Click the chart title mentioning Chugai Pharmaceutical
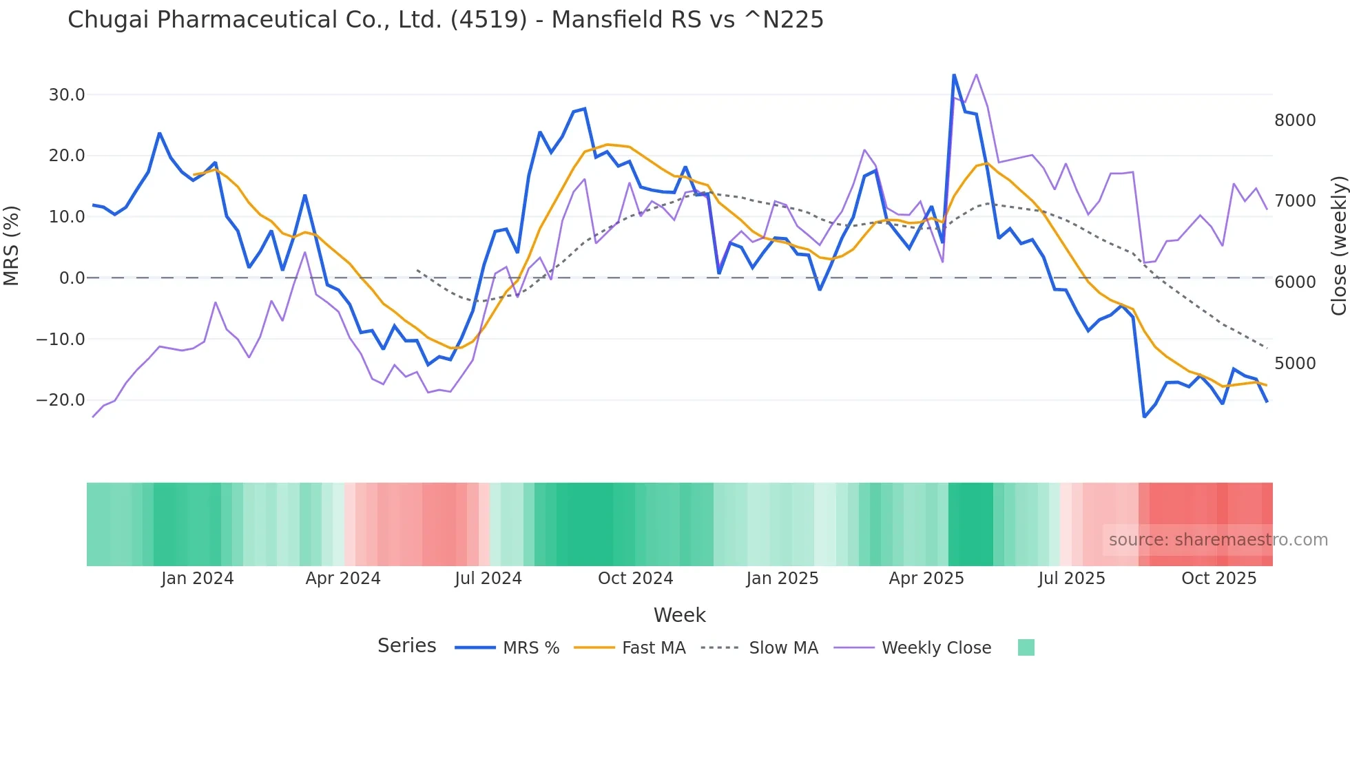(x=445, y=20)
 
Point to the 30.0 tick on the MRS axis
(x=67, y=95)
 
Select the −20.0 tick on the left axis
(x=61, y=400)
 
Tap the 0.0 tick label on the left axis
(x=72, y=278)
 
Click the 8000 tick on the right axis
(x=1295, y=121)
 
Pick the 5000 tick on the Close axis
(x=1295, y=364)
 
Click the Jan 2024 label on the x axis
(x=198, y=579)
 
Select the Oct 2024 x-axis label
(x=635, y=579)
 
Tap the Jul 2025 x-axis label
(x=1072, y=579)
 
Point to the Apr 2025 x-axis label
(x=926, y=579)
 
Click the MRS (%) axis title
(x=12, y=245)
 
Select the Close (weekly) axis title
(x=1338, y=245)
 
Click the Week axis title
(x=679, y=615)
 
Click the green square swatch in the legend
(x=1026, y=647)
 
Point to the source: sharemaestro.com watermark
(x=1218, y=540)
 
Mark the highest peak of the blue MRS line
(x=954, y=74)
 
